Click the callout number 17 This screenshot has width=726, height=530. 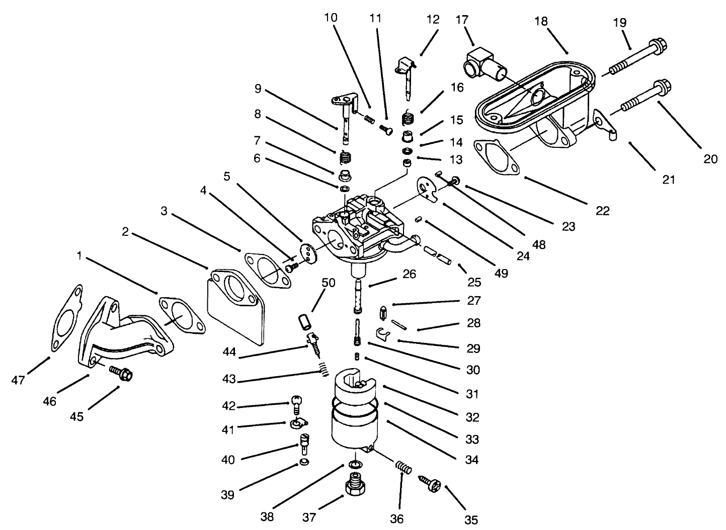[x=462, y=20]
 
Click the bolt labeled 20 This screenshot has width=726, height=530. [x=641, y=96]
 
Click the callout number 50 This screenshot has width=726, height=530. [x=328, y=282]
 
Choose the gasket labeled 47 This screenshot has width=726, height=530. [x=66, y=320]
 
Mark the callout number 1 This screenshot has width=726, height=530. [x=78, y=256]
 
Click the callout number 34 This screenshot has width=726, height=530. [x=471, y=459]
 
